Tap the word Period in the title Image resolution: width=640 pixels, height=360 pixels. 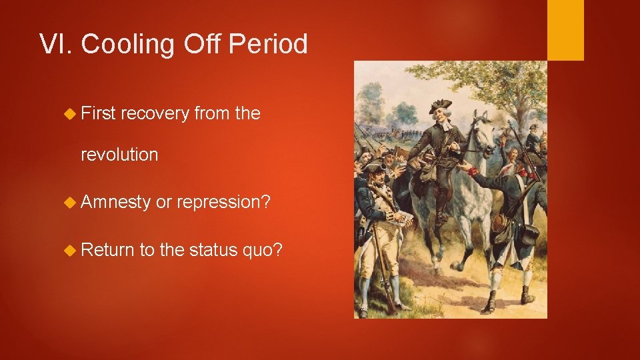[x=268, y=45]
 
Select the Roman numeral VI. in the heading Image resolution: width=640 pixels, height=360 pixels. [x=57, y=45]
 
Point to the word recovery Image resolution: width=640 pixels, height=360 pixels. [x=155, y=114]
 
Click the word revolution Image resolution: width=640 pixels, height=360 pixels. [x=119, y=155]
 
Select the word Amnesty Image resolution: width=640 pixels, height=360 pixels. [x=115, y=203]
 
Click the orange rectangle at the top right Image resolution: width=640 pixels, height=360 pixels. [x=565, y=30]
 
